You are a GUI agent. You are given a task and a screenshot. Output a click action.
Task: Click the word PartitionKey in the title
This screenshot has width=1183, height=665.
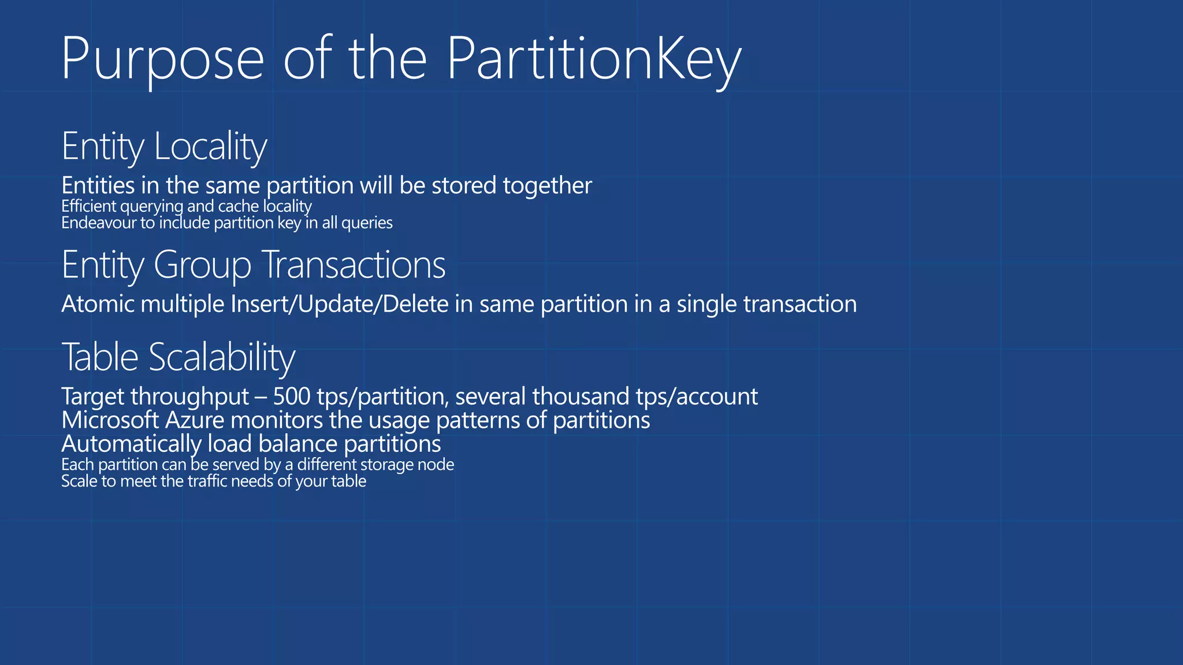594,59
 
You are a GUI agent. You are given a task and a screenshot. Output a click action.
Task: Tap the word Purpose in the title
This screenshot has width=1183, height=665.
162,59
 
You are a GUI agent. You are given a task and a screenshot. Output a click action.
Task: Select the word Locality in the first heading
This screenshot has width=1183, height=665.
210,147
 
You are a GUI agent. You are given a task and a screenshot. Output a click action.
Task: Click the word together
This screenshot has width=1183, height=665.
547,186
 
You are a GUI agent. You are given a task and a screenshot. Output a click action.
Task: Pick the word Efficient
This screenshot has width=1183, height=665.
89,206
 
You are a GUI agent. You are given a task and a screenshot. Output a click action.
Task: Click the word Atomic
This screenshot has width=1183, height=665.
98,304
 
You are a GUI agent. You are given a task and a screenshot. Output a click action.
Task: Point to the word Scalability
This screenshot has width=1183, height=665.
222,357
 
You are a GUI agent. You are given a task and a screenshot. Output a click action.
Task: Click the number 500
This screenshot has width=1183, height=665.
292,397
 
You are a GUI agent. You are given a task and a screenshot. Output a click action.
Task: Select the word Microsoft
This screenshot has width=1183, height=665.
110,420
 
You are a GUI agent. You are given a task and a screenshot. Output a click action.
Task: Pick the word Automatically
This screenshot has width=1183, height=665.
131,444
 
